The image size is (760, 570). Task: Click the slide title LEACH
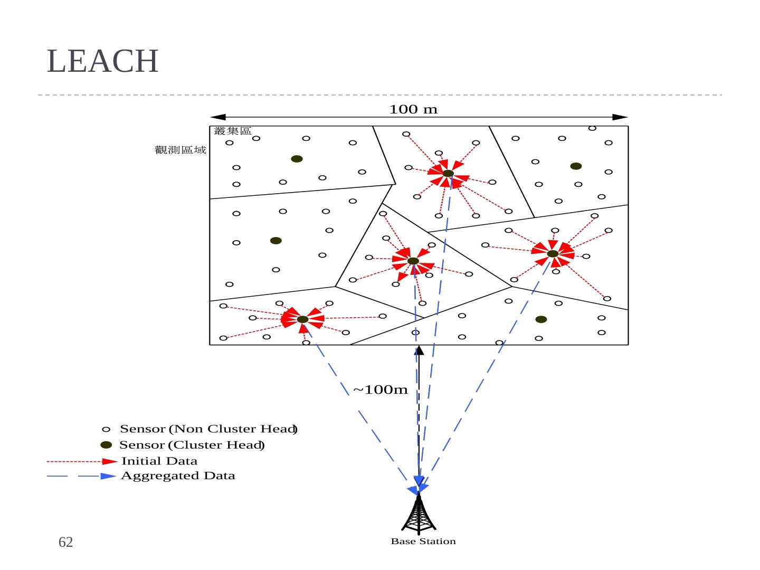[102, 61]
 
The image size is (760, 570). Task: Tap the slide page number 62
[65, 542]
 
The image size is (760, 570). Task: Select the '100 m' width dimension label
[413, 109]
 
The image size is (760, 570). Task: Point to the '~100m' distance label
[380, 390]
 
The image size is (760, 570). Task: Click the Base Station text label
[423, 541]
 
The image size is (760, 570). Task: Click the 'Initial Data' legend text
[159, 461]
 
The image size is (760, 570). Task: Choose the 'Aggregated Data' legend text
[178, 476]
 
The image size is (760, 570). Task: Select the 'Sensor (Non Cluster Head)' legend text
[208, 429]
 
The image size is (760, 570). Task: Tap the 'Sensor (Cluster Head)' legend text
[192, 445]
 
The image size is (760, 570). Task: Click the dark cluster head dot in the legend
[106, 445]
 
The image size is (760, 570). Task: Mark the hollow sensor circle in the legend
[106, 429]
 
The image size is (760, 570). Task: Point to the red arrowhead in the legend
[110, 461]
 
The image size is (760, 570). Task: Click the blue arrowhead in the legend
[108, 476]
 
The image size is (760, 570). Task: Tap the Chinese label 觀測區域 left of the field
[180, 150]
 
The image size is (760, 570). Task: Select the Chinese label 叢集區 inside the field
[233, 131]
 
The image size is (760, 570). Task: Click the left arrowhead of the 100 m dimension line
[218, 117]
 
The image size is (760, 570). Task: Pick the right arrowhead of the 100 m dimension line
[620, 117]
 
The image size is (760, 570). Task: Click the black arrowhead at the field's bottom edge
[419, 351]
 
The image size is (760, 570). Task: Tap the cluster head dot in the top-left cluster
[297, 159]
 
